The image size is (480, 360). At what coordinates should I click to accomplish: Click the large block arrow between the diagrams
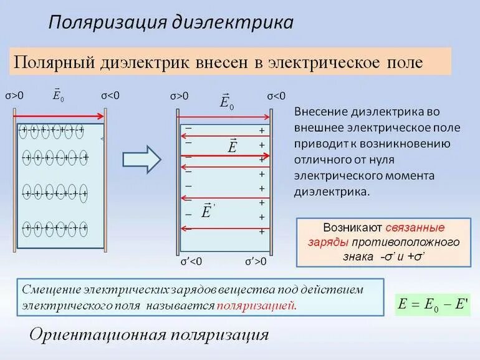(x=142, y=158)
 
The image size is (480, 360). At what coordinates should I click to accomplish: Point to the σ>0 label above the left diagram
(x=15, y=95)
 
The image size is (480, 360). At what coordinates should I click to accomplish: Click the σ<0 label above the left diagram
(x=110, y=95)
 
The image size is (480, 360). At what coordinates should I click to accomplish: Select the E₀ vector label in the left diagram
(x=58, y=95)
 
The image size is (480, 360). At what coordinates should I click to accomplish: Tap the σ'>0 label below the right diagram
(x=255, y=261)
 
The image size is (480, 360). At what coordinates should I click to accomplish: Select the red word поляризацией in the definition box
(x=256, y=306)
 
